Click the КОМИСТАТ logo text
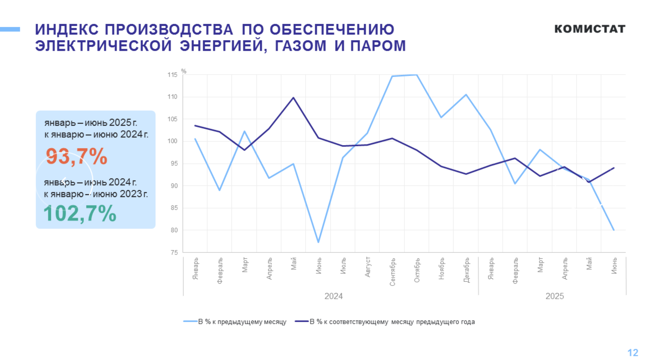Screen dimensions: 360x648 point(590,29)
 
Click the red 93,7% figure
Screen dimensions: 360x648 point(76,157)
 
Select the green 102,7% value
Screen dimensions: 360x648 point(80,214)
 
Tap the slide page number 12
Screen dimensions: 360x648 point(633,353)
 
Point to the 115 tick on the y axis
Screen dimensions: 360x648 point(172,75)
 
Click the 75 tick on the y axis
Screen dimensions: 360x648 point(174,252)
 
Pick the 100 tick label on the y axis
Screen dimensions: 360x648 point(172,141)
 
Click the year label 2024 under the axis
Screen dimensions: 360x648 point(334,296)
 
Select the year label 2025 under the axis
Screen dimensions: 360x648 point(555,296)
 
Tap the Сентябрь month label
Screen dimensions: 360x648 point(392,272)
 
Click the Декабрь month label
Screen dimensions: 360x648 point(466,270)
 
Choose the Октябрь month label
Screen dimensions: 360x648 point(417,270)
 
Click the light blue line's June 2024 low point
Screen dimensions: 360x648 point(318,242)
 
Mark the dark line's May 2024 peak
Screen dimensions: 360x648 point(293,98)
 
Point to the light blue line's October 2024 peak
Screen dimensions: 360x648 point(417,75)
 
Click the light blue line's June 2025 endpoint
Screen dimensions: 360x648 point(614,230)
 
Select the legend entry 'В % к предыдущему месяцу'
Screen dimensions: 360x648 point(242,322)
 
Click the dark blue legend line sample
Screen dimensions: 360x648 point(301,321)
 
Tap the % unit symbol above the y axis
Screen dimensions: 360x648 point(184,71)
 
